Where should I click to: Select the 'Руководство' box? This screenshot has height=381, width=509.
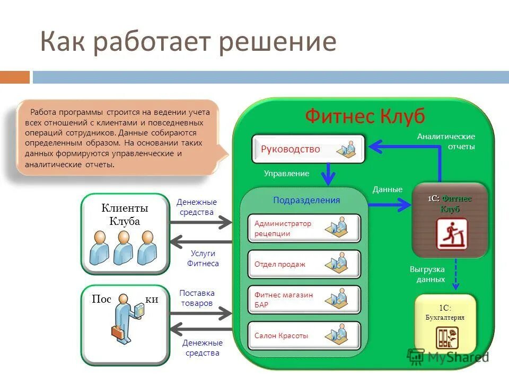coord(308,149)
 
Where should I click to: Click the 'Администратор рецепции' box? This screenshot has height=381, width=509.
coord(304,228)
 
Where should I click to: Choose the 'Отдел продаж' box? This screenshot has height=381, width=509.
coord(304,264)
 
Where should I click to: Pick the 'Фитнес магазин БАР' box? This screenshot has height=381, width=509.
coord(304,300)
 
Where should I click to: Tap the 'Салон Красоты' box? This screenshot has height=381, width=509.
coord(304,335)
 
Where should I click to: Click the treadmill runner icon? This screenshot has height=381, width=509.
coord(452,234)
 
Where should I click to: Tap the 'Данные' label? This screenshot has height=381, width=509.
coord(388,189)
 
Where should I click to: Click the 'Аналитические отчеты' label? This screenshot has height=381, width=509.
coord(446,142)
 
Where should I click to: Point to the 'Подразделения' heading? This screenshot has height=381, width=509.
coord(306,200)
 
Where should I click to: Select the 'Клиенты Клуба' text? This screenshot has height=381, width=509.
coord(125,215)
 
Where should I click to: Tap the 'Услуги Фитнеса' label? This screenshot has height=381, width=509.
coord(203,258)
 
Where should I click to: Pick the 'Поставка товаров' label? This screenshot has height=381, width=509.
coord(197,298)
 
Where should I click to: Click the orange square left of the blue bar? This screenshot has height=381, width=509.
coord(15,77)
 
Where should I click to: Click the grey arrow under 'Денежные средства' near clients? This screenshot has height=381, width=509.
coord(201,222)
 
